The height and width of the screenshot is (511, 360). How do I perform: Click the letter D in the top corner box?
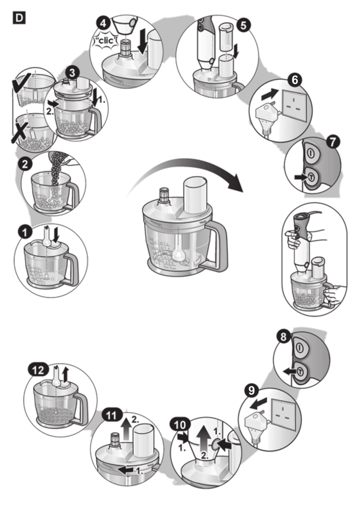pyautogui.click(x=19, y=18)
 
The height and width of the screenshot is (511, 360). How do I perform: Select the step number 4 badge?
pyautogui.click(x=103, y=24)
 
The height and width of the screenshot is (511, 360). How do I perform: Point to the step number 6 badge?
pyautogui.click(x=295, y=79)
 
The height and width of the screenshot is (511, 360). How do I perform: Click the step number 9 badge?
pyautogui.click(x=251, y=390)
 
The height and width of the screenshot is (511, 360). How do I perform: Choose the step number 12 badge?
pyautogui.click(x=38, y=370)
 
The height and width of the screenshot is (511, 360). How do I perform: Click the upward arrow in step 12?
pyautogui.click(x=66, y=375)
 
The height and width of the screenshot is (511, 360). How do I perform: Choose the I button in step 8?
pyautogui.click(x=300, y=347)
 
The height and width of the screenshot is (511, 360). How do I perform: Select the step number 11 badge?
pyautogui.click(x=112, y=415)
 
